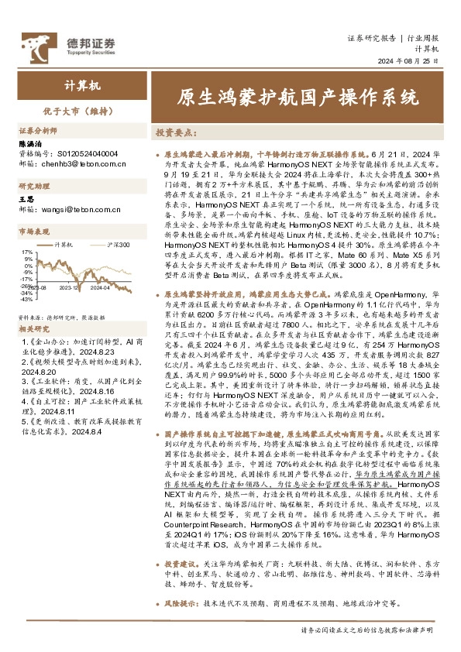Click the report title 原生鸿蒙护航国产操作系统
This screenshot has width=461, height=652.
pyautogui.click(x=298, y=98)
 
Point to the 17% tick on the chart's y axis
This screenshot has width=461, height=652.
pyautogui.click(x=27, y=252)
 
